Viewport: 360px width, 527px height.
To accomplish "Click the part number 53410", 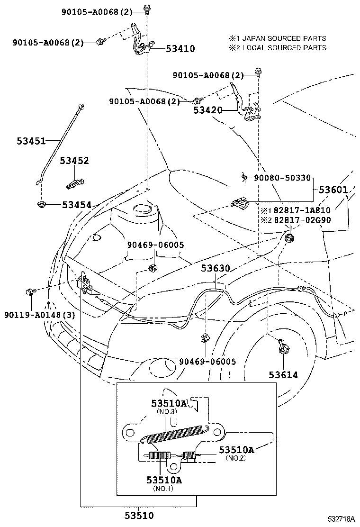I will click(180, 48).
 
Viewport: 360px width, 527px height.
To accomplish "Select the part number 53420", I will click(207, 110).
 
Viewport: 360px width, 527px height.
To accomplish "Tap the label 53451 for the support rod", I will click(31, 141).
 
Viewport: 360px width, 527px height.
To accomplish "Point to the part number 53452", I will click(74, 161).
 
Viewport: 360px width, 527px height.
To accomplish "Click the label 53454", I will click(76, 205).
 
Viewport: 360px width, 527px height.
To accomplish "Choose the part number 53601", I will click(333, 190).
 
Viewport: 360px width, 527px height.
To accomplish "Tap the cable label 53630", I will click(215, 269).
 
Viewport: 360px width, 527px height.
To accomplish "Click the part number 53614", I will click(283, 375).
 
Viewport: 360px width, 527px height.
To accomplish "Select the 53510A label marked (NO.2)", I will click(236, 450).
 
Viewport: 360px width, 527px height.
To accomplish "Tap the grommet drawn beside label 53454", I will click(41, 204).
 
